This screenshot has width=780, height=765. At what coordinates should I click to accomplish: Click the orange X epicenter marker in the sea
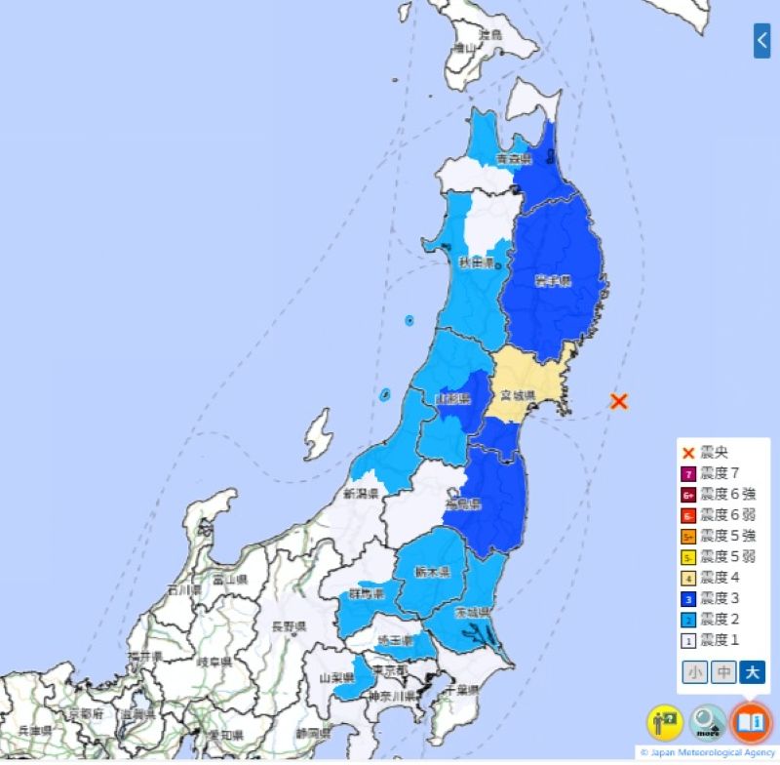tap(617, 401)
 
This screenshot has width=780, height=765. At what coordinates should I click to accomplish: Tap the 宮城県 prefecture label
tap(514, 395)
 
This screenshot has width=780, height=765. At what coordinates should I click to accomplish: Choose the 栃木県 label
tap(433, 572)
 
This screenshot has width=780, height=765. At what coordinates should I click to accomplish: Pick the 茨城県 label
tap(472, 612)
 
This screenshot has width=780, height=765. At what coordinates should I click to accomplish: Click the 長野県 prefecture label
tap(289, 625)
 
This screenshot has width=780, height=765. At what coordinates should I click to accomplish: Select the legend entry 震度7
tap(719, 473)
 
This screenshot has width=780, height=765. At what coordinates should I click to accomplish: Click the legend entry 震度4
tap(719, 577)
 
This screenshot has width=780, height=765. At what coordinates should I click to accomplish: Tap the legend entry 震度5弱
tap(727, 556)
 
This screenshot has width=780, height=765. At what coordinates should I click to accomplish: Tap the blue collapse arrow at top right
tap(762, 40)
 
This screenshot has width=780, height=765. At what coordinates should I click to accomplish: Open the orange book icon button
tap(751, 722)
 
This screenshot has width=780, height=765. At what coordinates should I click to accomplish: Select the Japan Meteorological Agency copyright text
tap(707, 752)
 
